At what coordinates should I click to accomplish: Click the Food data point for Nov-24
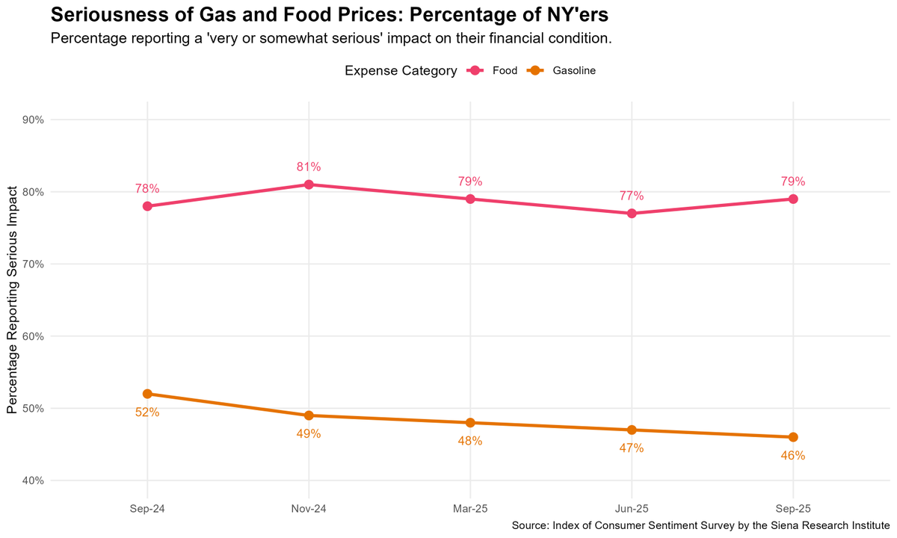click(x=309, y=185)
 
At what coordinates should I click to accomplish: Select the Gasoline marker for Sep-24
click(x=147, y=394)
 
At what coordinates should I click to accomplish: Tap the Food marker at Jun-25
click(x=632, y=214)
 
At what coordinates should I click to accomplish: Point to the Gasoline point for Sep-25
click(x=793, y=437)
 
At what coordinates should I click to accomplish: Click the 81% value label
click(x=309, y=167)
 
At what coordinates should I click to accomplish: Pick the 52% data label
click(x=147, y=412)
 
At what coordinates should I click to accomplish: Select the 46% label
click(x=793, y=455)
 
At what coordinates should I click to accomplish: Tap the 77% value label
click(x=632, y=196)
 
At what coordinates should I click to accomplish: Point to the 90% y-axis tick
click(x=33, y=120)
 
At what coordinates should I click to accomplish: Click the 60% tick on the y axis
click(x=33, y=336)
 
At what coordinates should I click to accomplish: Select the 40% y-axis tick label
click(x=33, y=480)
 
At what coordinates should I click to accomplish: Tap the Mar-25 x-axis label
click(x=470, y=508)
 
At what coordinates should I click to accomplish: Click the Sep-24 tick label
click(x=147, y=508)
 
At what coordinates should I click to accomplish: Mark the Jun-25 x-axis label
click(x=632, y=508)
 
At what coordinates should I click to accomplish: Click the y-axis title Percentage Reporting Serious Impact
click(x=12, y=300)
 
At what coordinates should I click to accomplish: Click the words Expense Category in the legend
click(x=401, y=71)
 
